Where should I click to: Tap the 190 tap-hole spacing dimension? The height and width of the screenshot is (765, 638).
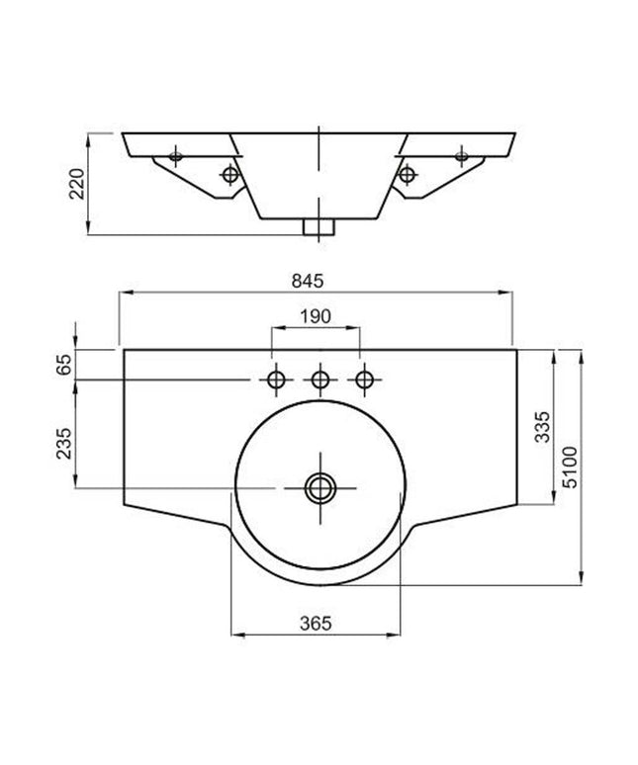316,316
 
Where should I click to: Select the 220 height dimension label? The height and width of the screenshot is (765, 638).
76,184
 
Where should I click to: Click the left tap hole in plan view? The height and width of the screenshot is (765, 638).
275,379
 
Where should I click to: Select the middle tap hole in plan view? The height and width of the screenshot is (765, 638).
319,379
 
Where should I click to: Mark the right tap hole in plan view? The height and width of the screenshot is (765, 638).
365,379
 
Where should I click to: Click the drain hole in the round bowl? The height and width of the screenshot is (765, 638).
319,486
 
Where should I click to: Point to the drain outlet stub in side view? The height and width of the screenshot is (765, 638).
319,227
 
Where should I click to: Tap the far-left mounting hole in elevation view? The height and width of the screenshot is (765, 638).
175,154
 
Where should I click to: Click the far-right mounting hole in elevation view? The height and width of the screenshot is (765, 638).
461,154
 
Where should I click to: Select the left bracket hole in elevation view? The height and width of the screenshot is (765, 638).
230,175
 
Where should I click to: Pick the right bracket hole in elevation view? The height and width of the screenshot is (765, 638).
406,175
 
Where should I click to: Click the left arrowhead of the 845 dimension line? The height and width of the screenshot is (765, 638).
123,293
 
